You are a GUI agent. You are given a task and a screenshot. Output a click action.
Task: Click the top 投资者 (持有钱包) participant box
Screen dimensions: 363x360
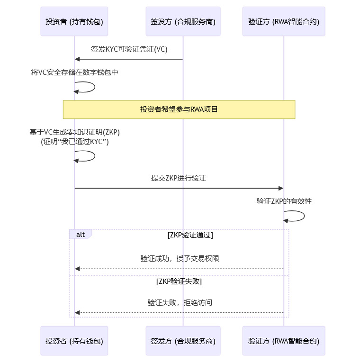(x=74, y=21)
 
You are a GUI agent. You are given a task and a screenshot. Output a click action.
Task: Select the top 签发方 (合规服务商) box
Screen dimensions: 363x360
(x=183, y=21)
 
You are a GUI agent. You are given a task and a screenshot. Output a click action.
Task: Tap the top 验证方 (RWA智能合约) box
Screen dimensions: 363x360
(x=284, y=21)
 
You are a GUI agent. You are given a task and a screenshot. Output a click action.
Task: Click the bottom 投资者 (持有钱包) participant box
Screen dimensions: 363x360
(x=74, y=341)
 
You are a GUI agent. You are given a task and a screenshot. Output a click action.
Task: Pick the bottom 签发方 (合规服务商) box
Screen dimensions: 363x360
(x=183, y=341)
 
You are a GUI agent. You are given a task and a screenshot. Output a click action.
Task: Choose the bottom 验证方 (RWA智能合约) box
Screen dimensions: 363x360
(x=284, y=341)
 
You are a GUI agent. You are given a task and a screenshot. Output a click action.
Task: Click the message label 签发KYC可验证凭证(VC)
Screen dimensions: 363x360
(x=129, y=49)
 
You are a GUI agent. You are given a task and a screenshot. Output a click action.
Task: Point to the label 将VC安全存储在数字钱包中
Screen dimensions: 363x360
(x=74, y=73)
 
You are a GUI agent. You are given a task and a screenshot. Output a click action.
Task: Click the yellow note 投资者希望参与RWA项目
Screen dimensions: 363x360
(x=179, y=109)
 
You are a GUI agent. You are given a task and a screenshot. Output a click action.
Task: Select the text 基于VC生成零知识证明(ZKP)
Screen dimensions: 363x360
(x=74, y=132)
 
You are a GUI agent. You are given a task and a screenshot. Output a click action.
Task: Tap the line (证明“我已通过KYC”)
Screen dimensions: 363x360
(x=74, y=141)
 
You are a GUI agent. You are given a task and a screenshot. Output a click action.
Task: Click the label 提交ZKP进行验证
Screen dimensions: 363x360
(x=179, y=178)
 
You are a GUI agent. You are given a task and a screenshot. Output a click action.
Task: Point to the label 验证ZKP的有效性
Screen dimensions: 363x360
(x=284, y=201)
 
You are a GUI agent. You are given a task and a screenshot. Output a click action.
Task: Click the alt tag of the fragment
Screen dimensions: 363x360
(x=81, y=235)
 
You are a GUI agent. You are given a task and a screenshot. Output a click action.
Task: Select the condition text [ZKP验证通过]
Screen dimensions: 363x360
(x=190, y=235)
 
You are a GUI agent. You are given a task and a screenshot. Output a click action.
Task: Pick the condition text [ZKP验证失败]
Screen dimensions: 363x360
(x=179, y=281)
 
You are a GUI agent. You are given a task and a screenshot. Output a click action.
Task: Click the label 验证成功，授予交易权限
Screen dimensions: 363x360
(x=180, y=259)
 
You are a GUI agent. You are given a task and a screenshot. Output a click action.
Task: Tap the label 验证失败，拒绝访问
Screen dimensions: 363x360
(x=180, y=302)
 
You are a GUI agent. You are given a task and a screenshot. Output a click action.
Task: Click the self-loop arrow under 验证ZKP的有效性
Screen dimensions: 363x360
(x=303, y=217)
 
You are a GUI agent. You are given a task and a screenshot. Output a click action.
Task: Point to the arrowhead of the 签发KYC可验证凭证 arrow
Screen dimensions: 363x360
(x=77, y=59)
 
